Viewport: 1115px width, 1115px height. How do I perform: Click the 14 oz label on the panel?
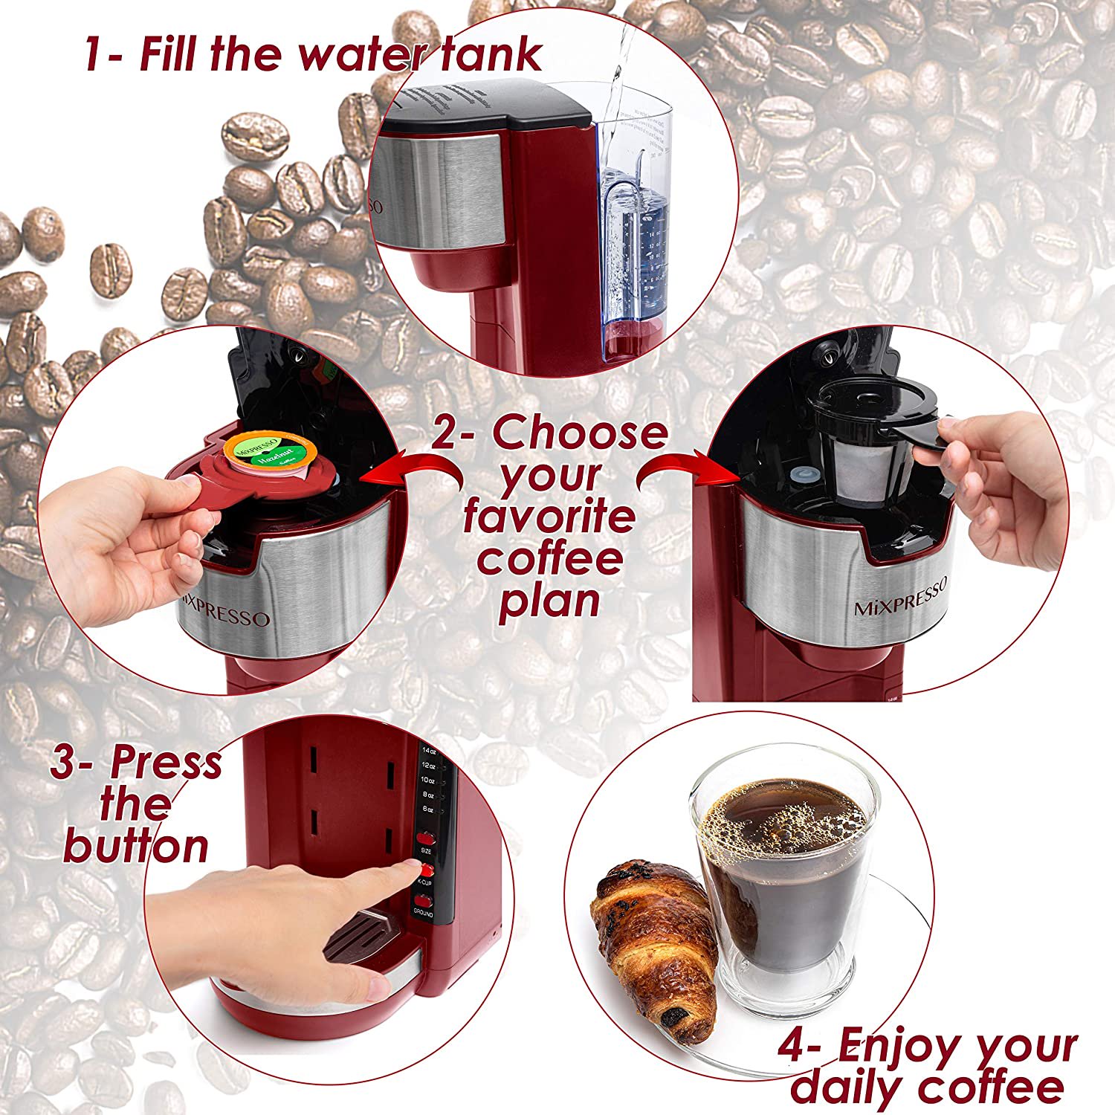click(x=427, y=751)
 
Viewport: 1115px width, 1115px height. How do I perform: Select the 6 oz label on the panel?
click(x=427, y=808)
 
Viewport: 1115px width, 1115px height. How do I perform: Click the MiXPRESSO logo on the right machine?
click(x=900, y=598)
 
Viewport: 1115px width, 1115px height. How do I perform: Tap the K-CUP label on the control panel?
click(x=425, y=882)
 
